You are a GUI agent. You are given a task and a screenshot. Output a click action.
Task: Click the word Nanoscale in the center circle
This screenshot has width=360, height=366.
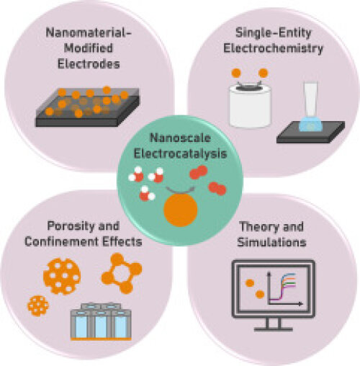click(x=180, y=138)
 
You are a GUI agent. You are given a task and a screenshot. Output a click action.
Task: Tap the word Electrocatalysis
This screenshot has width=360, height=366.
click(x=180, y=153)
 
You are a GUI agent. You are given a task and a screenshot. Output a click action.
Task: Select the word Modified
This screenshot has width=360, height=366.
click(x=89, y=48)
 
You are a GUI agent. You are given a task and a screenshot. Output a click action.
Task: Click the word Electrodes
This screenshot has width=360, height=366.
click(x=89, y=64)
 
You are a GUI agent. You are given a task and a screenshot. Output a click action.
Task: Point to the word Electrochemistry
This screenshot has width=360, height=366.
click(x=274, y=48)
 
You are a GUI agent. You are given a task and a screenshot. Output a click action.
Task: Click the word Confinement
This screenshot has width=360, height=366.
click(x=62, y=241)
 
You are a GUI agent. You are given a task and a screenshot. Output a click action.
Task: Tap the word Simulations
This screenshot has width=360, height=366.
click(x=271, y=242)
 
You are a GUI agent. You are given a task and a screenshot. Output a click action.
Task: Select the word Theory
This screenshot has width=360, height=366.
click(x=258, y=227)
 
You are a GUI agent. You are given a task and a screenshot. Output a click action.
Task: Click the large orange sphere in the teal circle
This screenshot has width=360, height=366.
click(x=181, y=210)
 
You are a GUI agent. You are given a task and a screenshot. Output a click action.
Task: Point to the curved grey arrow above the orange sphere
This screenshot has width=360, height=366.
click(x=180, y=190)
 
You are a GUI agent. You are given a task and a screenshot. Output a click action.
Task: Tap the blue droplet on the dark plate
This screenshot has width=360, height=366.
click(x=310, y=123)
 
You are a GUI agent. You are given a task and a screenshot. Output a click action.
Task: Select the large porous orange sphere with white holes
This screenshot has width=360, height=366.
click(x=62, y=276)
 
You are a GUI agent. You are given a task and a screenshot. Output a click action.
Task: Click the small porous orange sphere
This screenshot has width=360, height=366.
click(x=38, y=305)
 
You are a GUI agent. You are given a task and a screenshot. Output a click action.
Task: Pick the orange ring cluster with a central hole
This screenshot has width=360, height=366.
click(x=122, y=273)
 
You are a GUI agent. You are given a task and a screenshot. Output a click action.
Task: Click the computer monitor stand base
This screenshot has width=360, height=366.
click(x=273, y=329)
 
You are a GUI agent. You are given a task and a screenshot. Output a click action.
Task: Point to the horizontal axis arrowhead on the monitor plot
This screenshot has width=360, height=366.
click(x=301, y=304)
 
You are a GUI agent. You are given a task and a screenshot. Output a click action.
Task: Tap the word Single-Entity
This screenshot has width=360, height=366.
click(x=274, y=32)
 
